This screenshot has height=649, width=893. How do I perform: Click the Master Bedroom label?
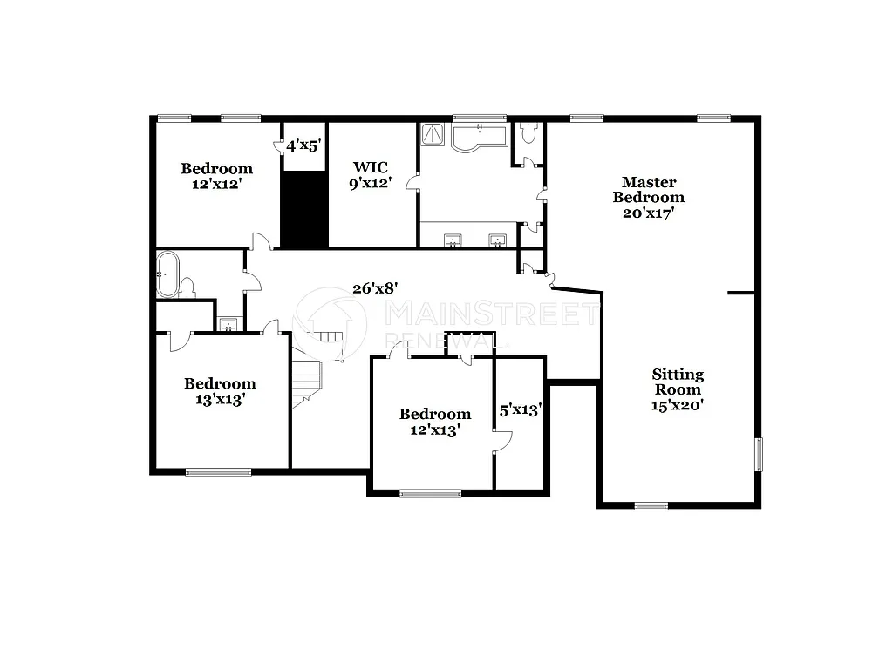pos(648,196)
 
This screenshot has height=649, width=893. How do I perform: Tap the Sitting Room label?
pos(678,389)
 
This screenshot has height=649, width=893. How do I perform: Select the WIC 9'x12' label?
pos(370,174)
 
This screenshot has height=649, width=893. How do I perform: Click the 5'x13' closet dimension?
pos(521,408)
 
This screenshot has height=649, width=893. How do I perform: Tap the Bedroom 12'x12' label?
pos(216,176)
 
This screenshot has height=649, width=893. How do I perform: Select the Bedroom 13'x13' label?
pos(220,391)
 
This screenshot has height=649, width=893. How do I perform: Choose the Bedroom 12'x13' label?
pos(435,422)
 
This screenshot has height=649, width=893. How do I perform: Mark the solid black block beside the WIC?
pos(303,209)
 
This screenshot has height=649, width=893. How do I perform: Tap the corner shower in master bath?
pos(433,135)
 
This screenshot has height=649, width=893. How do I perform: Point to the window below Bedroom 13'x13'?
pos(218,472)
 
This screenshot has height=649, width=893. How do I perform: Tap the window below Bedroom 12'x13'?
pos(430,494)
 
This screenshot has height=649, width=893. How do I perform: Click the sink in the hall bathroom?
pos(228,325)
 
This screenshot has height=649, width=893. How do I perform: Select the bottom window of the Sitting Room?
pos(651,505)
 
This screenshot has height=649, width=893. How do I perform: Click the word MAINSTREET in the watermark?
pos(491,314)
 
